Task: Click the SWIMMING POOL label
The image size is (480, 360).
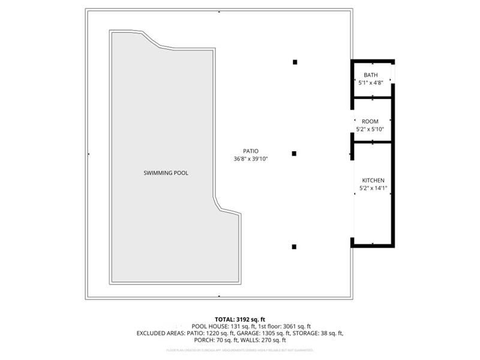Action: coord(166,173)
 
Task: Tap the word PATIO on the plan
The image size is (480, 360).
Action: coord(251,151)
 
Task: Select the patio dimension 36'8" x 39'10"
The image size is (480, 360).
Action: coord(251,159)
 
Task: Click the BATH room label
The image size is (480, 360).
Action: coord(371,75)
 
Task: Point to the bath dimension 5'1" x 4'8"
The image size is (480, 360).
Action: coord(371,83)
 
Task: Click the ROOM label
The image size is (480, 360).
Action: coord(370,121)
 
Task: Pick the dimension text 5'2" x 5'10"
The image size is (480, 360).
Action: coord(370,129)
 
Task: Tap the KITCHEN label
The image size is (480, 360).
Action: coord(373,181)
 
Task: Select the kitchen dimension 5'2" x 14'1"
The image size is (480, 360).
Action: coord(373,188)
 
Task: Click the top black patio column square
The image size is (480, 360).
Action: coord(295,62)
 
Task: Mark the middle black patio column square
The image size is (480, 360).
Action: coord(295,154)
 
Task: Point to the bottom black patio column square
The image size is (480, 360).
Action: coord(295,246)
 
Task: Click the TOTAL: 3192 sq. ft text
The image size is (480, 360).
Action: coord(239,319)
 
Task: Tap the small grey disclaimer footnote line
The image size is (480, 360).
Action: coord(239,349)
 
